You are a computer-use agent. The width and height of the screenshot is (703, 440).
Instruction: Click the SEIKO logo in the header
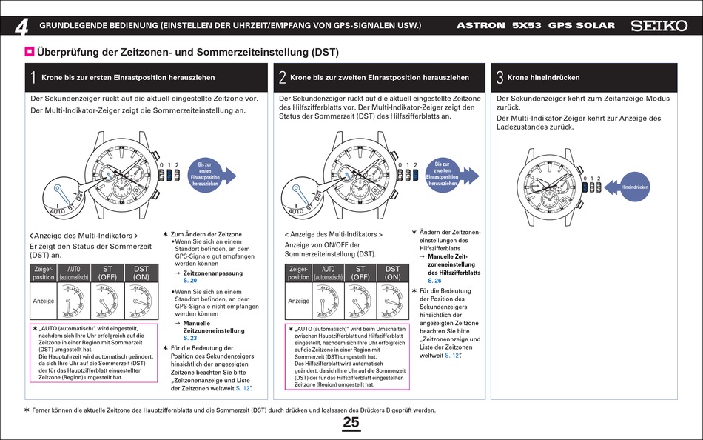[x=659, y=25]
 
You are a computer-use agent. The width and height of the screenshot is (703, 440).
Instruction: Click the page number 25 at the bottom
[x=351, y=422]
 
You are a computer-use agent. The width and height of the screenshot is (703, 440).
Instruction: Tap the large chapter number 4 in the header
[x=21, y=27]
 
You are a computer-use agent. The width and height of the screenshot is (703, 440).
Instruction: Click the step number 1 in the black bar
[x=34, y=77]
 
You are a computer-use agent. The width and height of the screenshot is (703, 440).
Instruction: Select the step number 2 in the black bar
[x=283, y=77]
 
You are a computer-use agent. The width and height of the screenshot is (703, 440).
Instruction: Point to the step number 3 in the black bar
[x=500, y=77]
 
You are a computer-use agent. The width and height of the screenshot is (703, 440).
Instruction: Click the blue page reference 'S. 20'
[x=189, y=281]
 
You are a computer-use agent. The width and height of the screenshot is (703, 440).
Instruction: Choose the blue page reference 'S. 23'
[x=189, y=338]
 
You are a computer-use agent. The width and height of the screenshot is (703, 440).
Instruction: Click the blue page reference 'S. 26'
[x=434, y=281]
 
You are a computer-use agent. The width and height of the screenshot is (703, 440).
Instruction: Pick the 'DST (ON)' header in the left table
[x=141, y=273]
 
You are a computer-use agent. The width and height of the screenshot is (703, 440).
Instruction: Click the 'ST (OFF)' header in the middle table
[x=360, y=273]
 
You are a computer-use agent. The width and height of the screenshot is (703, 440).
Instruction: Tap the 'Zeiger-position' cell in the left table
[x=44, y=273]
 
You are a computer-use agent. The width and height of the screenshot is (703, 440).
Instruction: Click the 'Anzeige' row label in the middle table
[x=299, y=301]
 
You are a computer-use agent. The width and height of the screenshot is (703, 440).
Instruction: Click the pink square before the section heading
[x=30, y=52]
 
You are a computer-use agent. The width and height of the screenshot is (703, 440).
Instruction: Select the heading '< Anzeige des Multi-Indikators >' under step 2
[x=334, y=234]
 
